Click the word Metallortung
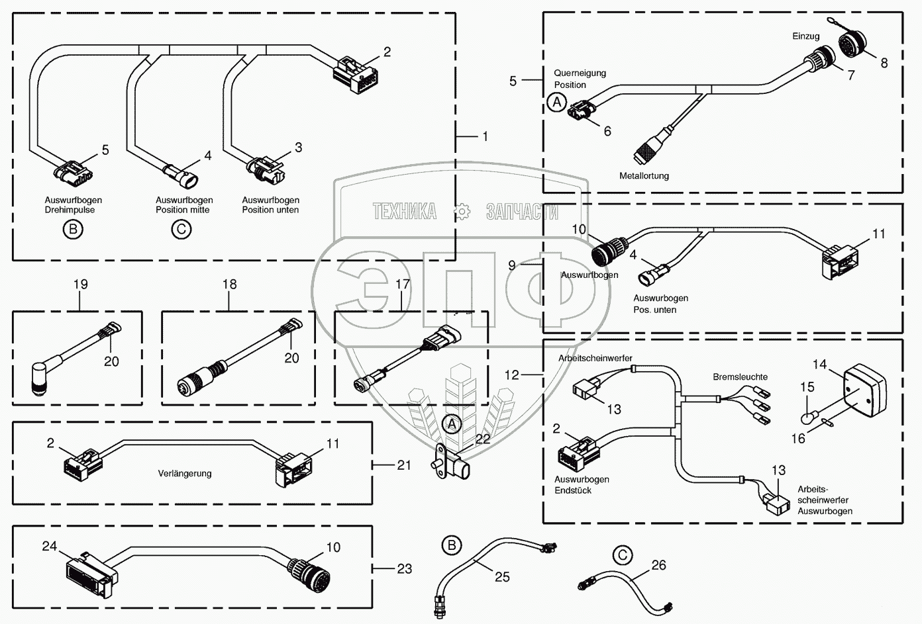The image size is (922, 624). coord(644,176)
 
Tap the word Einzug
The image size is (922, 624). coord(806,36)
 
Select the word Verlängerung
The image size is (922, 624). coord(185,473)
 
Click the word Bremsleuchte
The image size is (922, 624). coord(740,377)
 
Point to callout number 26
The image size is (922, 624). coord(658,565)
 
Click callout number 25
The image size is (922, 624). coord(502,577)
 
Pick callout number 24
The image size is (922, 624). coord(50,547)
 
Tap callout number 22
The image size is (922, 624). coord(483,439)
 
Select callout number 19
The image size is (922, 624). coord(81,285)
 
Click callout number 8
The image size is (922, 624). coord(884,63)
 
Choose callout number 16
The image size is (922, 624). coord(798,439)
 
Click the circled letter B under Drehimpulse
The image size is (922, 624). coord(73,229)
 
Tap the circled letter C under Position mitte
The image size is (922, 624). coord(181,229)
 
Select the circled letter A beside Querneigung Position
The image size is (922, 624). coord(557,102)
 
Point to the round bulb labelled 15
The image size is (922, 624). coord(807,418)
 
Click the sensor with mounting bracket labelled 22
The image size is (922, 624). coord(450,463)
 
